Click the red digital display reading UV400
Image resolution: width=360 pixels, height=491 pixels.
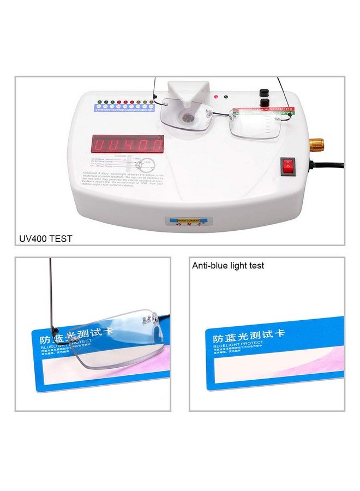pos(128,143)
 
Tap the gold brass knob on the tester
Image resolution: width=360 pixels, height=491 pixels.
pos(317,145)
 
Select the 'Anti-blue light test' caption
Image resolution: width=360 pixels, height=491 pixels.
pos(228,266)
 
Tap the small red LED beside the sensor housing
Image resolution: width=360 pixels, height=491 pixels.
pos(217,97)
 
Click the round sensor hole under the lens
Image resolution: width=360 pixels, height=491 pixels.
pos(188,117)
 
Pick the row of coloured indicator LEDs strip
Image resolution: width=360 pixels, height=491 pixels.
pos(125,102)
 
